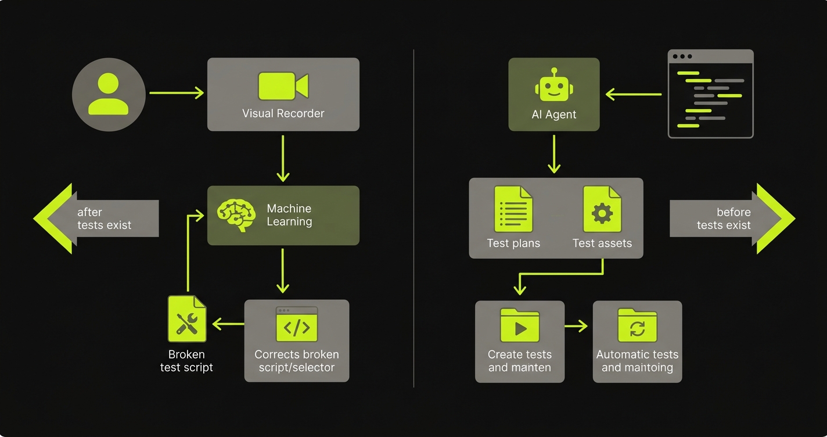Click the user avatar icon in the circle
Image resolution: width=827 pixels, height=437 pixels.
(x=109, y=94)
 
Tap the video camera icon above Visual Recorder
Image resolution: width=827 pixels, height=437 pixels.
(x=283, y=86)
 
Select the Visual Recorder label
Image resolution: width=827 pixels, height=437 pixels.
(x=283, y=113)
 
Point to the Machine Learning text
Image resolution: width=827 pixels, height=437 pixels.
(x=289, y=215)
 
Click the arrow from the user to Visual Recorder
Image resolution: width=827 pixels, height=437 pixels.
(x=177, y=93)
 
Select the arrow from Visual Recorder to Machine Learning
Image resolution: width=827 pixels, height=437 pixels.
(x=283, y=158)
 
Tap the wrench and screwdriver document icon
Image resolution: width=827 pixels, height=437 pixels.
(x=187, y=318)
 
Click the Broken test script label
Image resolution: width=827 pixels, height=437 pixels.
(x=186, y=361)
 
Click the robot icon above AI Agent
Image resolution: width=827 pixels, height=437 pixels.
(x=553, y=86)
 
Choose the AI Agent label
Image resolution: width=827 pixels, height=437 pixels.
(x=553, y=114)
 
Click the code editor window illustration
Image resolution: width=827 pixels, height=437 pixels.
(x=710, y=94)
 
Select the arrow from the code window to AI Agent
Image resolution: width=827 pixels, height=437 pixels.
(x=634, y=94)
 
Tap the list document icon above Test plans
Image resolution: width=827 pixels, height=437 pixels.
(x=513, y=209)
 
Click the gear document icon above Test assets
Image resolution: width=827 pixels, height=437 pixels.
(x=602, y=209)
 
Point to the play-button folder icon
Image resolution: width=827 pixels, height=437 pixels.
(x=520, y=325)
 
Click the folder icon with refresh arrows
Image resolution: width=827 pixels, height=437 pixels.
(x=637, y=325)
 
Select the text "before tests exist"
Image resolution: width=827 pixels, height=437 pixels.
(x=724, y=218)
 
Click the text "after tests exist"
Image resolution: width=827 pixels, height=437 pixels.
(x=105, y=218)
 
